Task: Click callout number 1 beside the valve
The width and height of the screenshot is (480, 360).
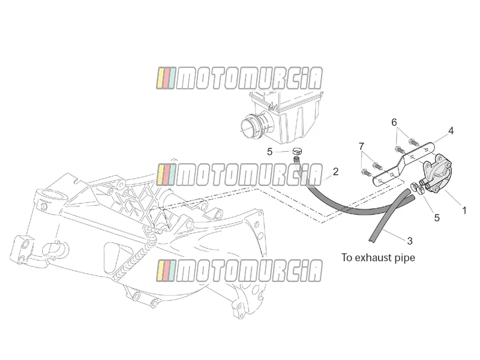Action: click(x=464, y=211)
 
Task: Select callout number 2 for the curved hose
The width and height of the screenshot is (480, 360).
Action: click(x=335, y=172)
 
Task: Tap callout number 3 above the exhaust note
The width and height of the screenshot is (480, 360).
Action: click(x=410, y=241)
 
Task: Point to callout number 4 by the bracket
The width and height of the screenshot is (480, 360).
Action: click(x=451, y=131)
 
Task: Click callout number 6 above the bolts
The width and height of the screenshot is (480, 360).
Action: click(x=394, y=122)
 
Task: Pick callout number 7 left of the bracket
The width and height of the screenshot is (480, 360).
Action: click(x=362, y=146)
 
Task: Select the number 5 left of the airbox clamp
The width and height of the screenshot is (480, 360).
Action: click(x=269, y=152)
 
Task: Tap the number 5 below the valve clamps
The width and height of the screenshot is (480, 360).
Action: click(x=437, y=218)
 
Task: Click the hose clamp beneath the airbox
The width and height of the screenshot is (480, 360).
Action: click(x=297, y=151)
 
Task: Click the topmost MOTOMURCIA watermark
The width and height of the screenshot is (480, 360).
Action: click(x=239, y=79)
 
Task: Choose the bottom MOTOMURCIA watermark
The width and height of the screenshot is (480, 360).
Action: click(x=239, y=271)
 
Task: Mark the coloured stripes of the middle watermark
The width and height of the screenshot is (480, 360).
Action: click(x=166, y=175)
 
